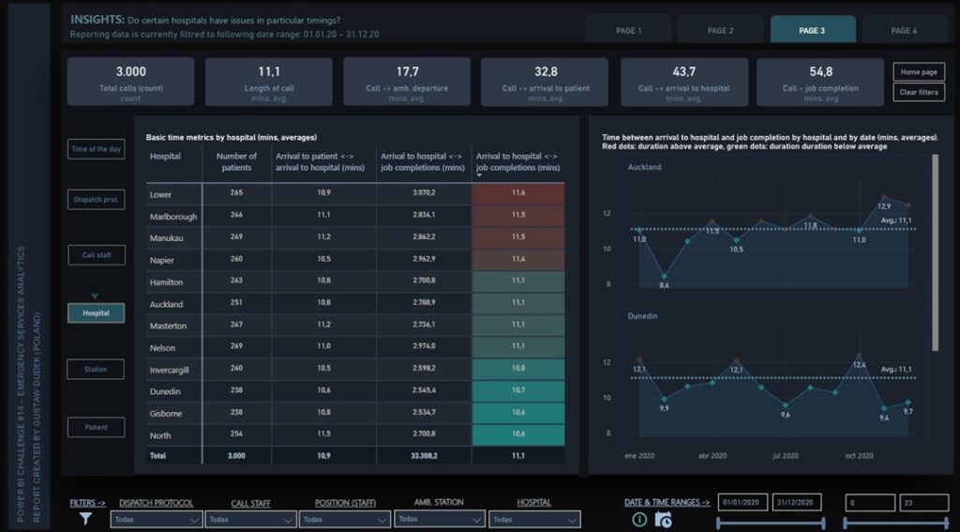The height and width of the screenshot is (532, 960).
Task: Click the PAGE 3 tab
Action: pyautogui.click(x=812, y=30)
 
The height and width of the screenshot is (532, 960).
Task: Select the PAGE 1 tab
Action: pyautogui.click(x=628, y=30)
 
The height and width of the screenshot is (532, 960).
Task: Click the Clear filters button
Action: pyautogui.click(x=919, y=92)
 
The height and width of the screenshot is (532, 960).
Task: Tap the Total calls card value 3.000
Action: pyautogui.click(x=131, y=72)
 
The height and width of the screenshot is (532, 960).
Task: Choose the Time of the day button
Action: pyautogui.click(x=96, y=149)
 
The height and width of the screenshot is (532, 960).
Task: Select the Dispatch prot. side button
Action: pyautogui.click(x=96, y=200)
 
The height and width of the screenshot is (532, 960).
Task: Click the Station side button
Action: pyautogui.click(x=96, y=370)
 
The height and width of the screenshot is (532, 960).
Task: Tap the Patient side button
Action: pyautogui.click(x=96, y=427)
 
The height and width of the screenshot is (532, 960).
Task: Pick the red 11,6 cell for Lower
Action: pyautogui.click(x=518, y=192)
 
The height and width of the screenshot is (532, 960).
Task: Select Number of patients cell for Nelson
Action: pyautogui.click(x=236, y=347)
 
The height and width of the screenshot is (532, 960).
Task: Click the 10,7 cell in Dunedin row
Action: pyautogui.click(x=518, y=390)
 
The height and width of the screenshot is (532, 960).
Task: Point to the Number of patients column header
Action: pyautogui.click(x=236, y=161)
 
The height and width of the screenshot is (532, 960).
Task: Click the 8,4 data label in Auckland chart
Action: pyautogui.click(x=664, y=285)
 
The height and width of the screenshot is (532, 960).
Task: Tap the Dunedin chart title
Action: pyautogui.click(x=644, y=317)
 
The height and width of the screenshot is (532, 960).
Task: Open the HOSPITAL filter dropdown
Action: pyautogui.click(x=534, y=519)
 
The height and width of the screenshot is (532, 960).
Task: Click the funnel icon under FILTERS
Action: pyautogui.click(x=86, y=518)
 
